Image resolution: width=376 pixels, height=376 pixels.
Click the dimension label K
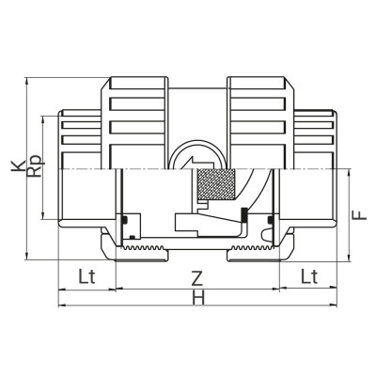point(15,166)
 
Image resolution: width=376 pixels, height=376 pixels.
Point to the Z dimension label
point(196,279)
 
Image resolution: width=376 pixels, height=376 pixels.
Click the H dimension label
point(197,299)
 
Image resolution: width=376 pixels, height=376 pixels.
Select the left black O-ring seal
point(124,221)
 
